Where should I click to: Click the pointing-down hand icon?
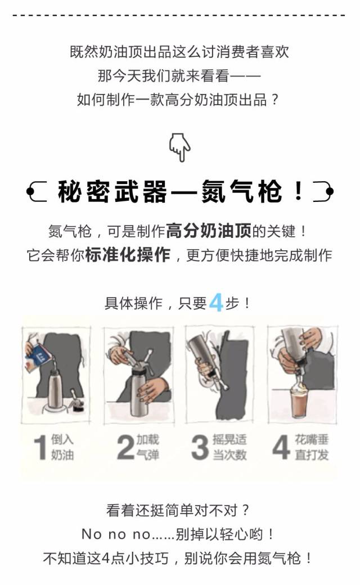[x=180, y=147]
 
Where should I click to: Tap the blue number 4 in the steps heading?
[x=216, y=303]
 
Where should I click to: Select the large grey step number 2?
[x=125, y=447]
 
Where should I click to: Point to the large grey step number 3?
[x=200, y=447]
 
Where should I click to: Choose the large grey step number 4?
[x=281, y=447]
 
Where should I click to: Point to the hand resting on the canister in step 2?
[x=152, y=388]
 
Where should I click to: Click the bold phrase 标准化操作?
[x=128, y=255]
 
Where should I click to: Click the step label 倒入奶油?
[x=62, y=447]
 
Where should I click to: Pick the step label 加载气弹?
[x=148, y=447]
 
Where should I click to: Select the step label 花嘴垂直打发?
[x=312, y=447]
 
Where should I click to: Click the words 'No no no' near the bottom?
[x=116, y=534]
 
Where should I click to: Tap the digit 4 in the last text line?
[x=106, y=558]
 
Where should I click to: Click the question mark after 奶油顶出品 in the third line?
[x=275, y=100]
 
